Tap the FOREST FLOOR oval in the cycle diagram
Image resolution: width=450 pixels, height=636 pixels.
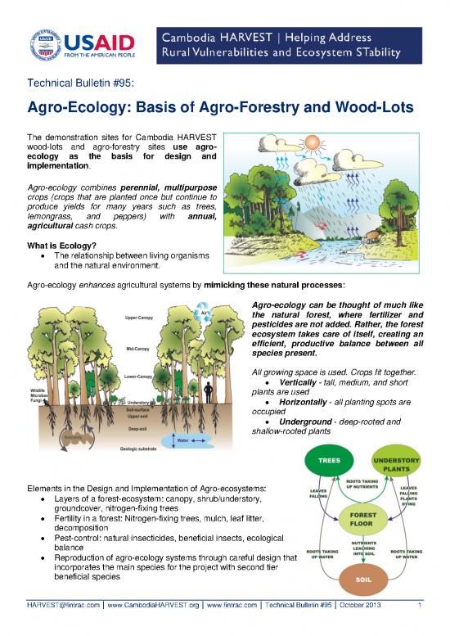361,517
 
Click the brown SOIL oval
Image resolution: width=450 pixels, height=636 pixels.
360,579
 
